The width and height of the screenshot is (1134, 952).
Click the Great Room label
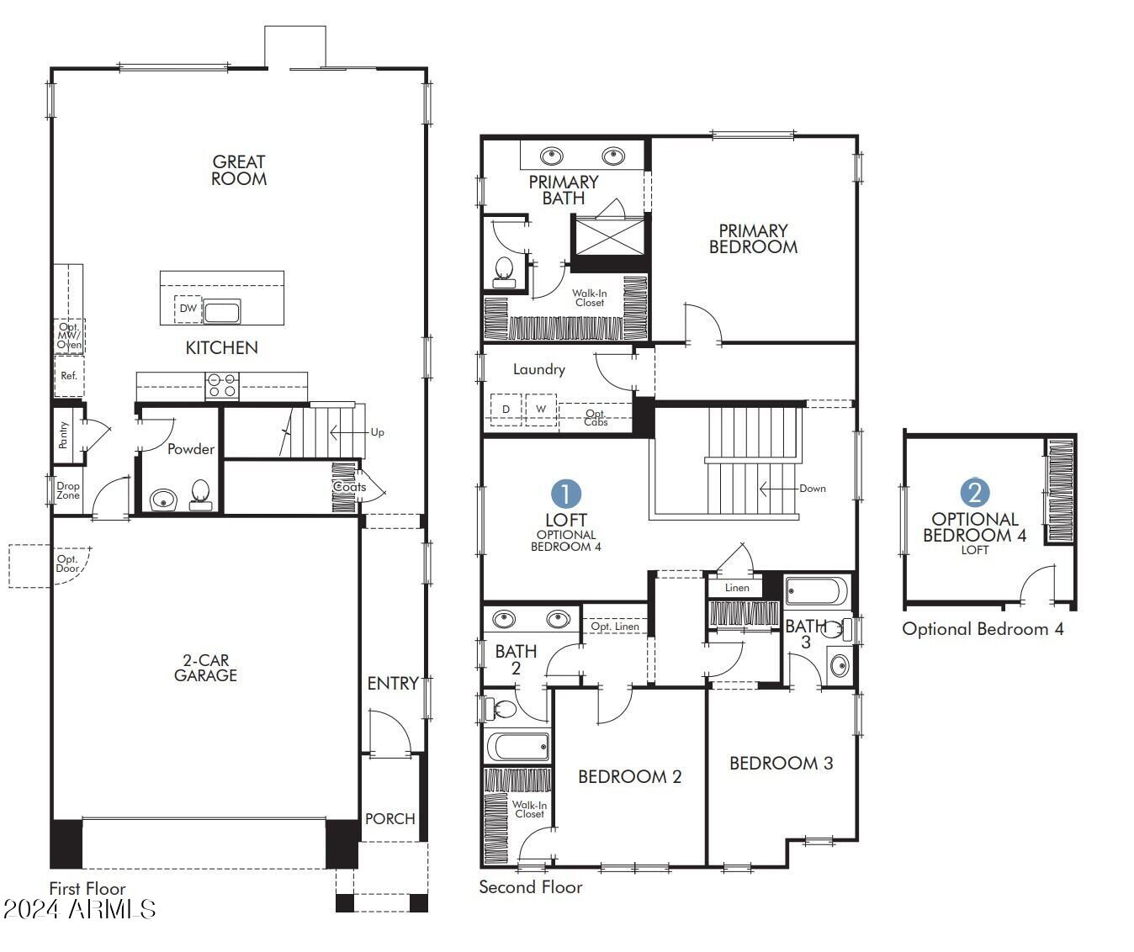coord(239,170)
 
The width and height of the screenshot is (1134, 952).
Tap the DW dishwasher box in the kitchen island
coord(188,309)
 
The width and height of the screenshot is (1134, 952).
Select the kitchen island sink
coord(222,312)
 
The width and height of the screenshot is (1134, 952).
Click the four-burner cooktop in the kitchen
coord(222,386)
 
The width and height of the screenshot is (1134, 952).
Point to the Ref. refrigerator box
coord(69,376)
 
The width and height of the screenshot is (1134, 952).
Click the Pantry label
coord(64,434)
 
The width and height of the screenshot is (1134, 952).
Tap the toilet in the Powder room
coord(200,493)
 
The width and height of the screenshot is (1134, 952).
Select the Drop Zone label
coord(68,490)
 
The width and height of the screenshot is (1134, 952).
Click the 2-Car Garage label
coord(205,668)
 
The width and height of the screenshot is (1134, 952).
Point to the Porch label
coord(389,818)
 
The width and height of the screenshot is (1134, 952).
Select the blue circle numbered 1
coord(566,495)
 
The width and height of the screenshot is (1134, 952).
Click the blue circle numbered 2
coord(974,493)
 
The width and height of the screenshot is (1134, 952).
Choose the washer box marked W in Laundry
coord(541,410)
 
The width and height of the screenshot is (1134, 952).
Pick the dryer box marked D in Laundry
coord(506,410)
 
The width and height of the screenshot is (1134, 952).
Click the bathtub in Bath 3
coord(817,591)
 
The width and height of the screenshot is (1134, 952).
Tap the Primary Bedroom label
coord(753,238)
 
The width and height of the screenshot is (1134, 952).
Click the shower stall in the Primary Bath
coord(607,235)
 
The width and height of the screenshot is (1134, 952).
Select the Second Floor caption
coord(530,886)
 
